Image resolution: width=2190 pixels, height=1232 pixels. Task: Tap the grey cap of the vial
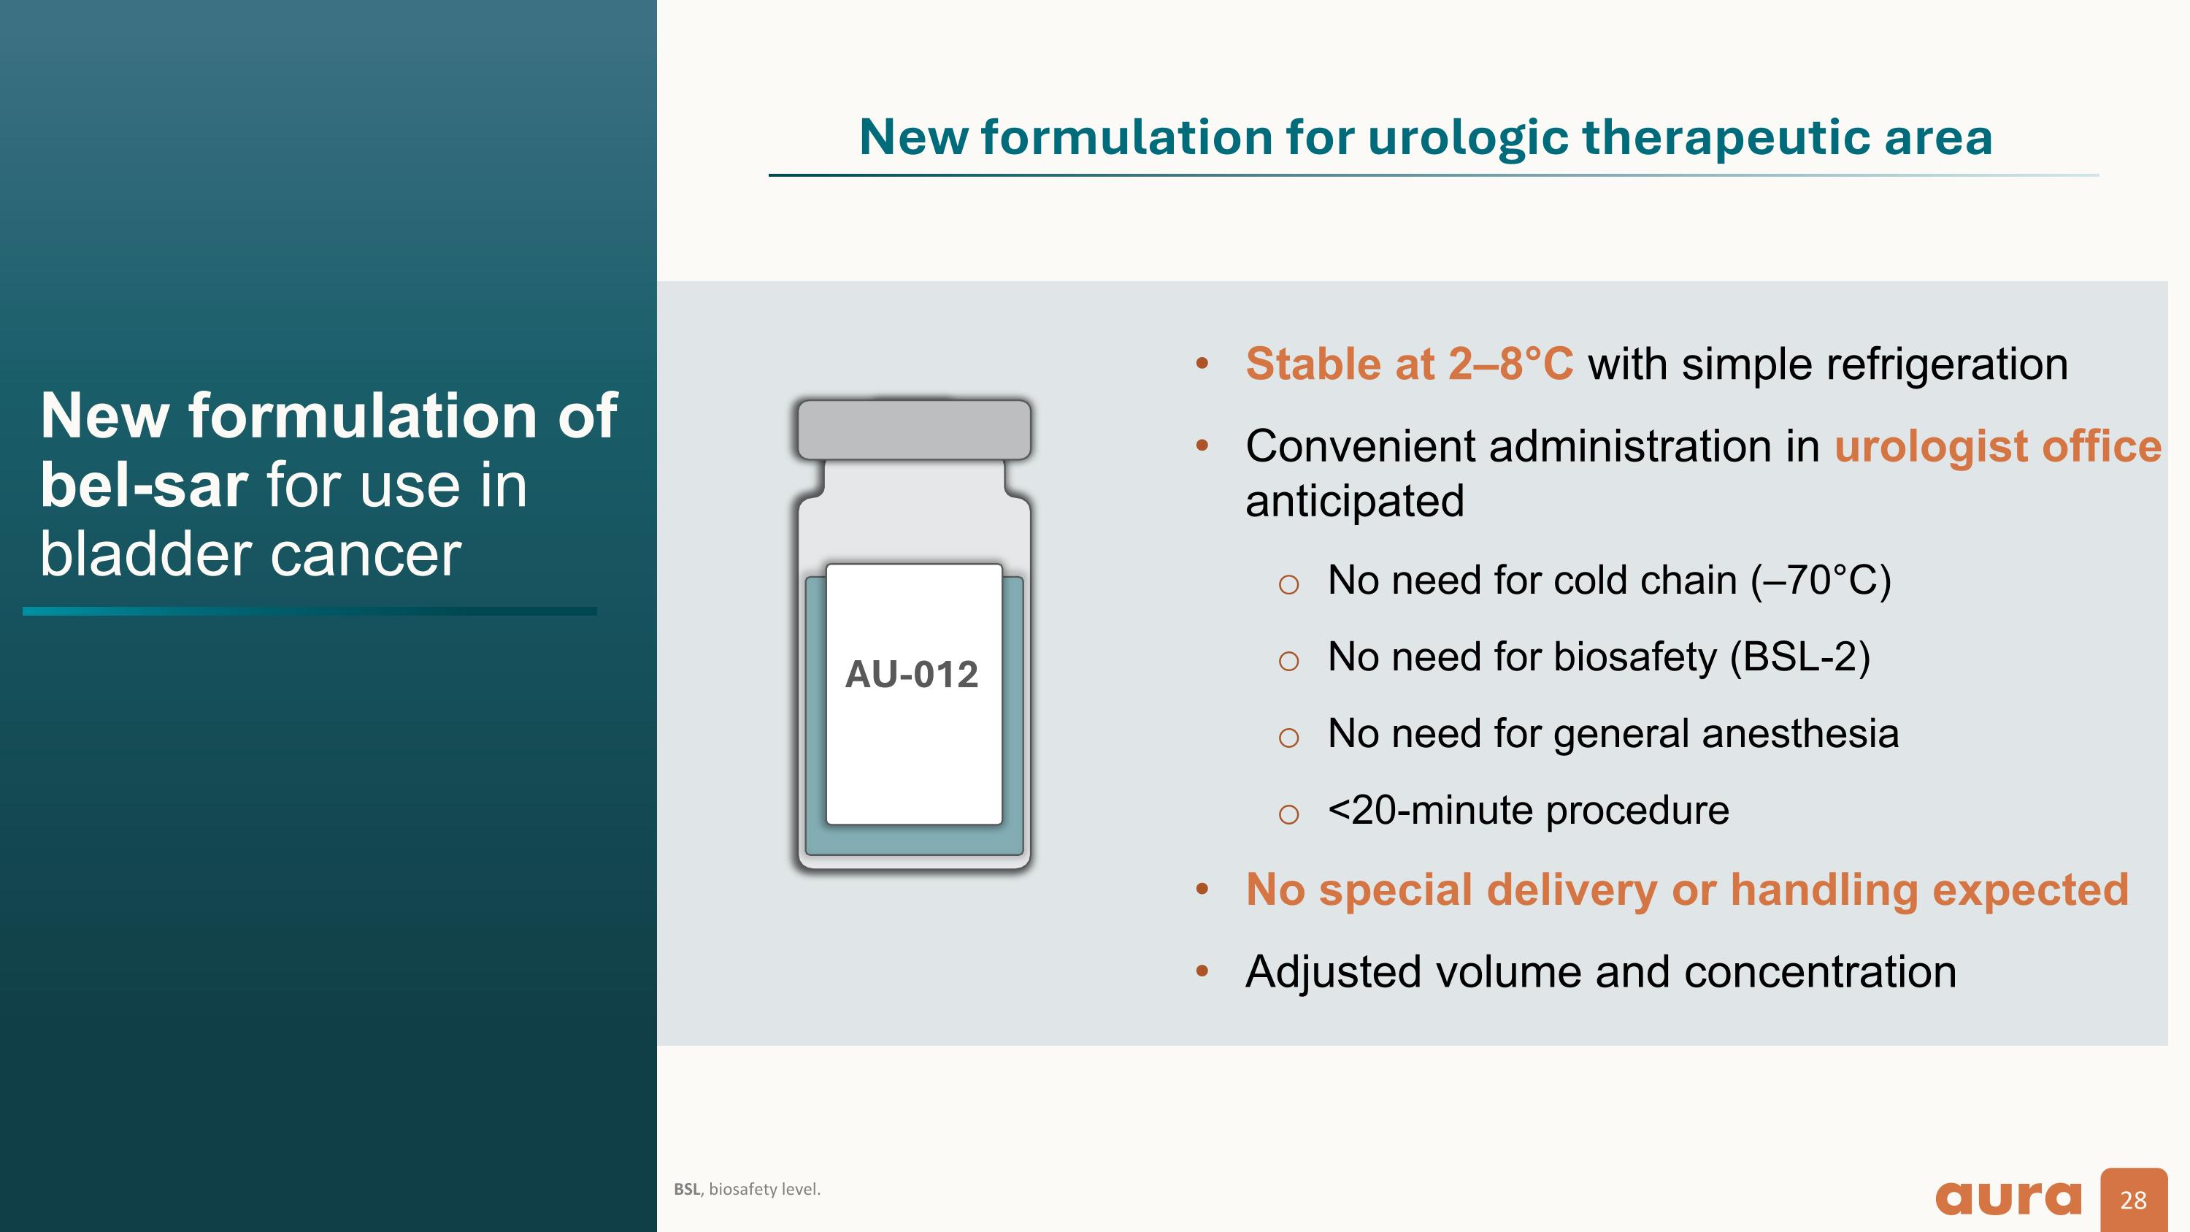pos(914,429)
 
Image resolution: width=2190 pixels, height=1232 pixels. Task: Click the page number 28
pos(2133,1200)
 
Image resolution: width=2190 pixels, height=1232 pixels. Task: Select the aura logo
pos(2008,1198)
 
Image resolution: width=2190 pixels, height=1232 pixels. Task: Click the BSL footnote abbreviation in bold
pos(687,1190)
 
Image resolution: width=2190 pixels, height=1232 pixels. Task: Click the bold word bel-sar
pos(144,486)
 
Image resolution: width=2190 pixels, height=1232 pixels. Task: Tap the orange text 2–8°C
pos(1510,364)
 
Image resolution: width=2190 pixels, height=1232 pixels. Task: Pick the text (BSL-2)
pos(1799,657)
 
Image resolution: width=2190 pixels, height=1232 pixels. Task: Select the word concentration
pos(1819,972)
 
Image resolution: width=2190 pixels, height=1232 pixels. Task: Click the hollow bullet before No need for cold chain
pos(1288,584)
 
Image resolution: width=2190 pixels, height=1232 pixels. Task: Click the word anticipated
pos(1354,501)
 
